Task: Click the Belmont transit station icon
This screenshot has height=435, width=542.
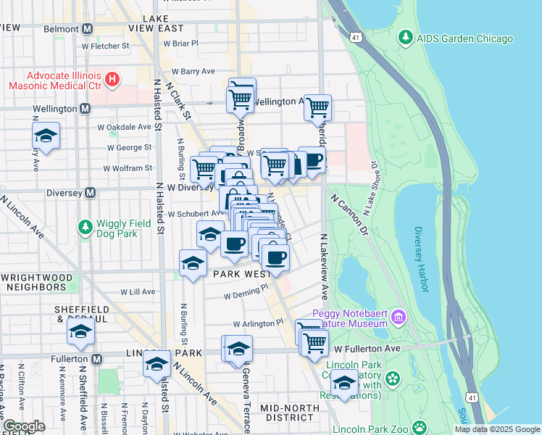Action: tap(87, 29)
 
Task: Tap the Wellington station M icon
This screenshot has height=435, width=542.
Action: tap(85, 109)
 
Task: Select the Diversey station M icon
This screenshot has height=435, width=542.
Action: tap(91, 193)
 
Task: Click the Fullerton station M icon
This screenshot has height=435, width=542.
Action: tap(97, 359)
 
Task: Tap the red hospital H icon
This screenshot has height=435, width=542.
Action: tap(112, 79)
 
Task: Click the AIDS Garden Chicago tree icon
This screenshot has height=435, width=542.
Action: tap(406, 38)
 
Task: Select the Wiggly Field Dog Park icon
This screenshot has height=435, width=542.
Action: tap(86, 228)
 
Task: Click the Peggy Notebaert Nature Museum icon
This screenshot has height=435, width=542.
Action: tap(399, 316)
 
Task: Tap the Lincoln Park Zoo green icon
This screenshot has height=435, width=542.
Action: tap(419, 427)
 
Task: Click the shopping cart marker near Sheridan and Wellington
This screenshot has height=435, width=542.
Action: tap(317, 108)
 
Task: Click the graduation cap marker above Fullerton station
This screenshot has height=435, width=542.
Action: tap(81, 331)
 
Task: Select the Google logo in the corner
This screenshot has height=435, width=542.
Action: tap(24, 426)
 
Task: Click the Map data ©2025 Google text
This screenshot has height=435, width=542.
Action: tap(496, 429)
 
